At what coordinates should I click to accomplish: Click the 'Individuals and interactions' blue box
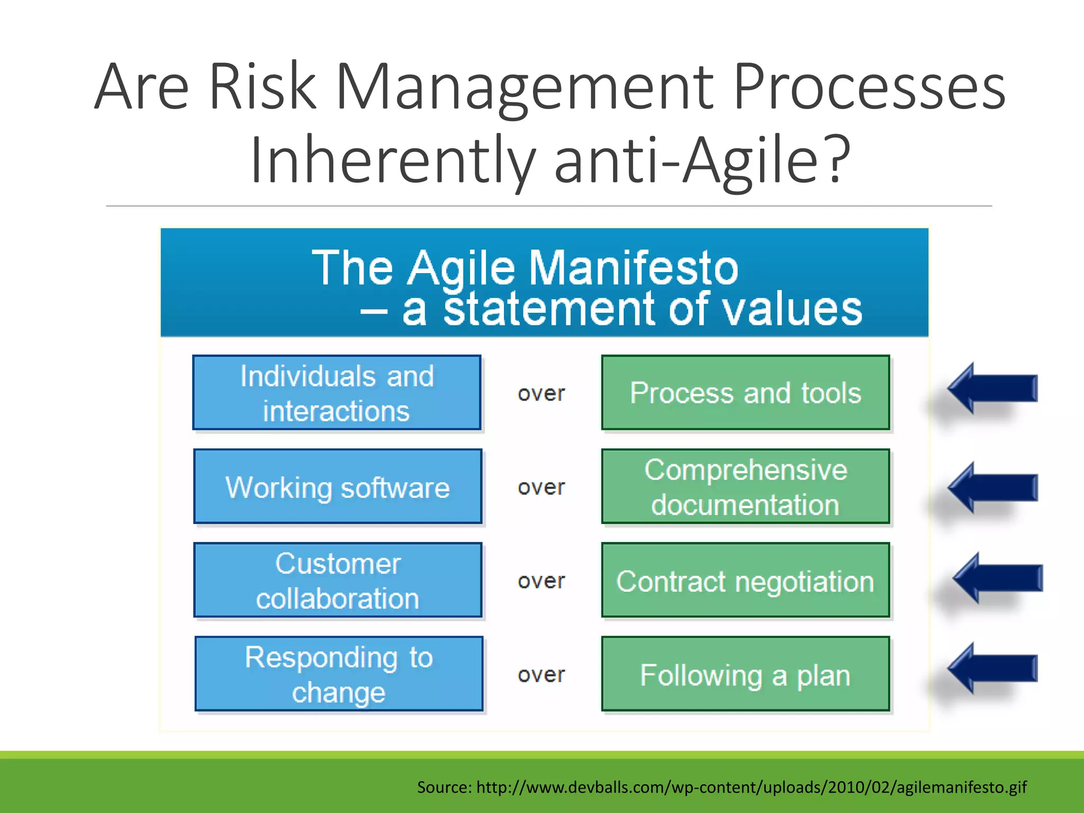click(337, 393)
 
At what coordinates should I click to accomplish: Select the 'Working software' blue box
click(338, 486)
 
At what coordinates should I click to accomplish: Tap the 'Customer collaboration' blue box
click(338, 580)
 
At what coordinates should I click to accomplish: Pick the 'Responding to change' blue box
click(339, 674)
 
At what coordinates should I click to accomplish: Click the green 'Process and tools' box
click(745, 393)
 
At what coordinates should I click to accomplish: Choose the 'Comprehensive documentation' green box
click(745, 486)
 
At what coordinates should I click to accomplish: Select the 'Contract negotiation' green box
click(745, 580)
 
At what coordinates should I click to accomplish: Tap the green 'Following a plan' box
click(745, 674)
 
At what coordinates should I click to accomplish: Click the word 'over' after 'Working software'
click(541, 487)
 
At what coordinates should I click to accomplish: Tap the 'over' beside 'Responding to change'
click(541, 675)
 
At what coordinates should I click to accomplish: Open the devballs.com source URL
click(751, 787)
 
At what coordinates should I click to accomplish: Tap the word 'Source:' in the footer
click(444, 787)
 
